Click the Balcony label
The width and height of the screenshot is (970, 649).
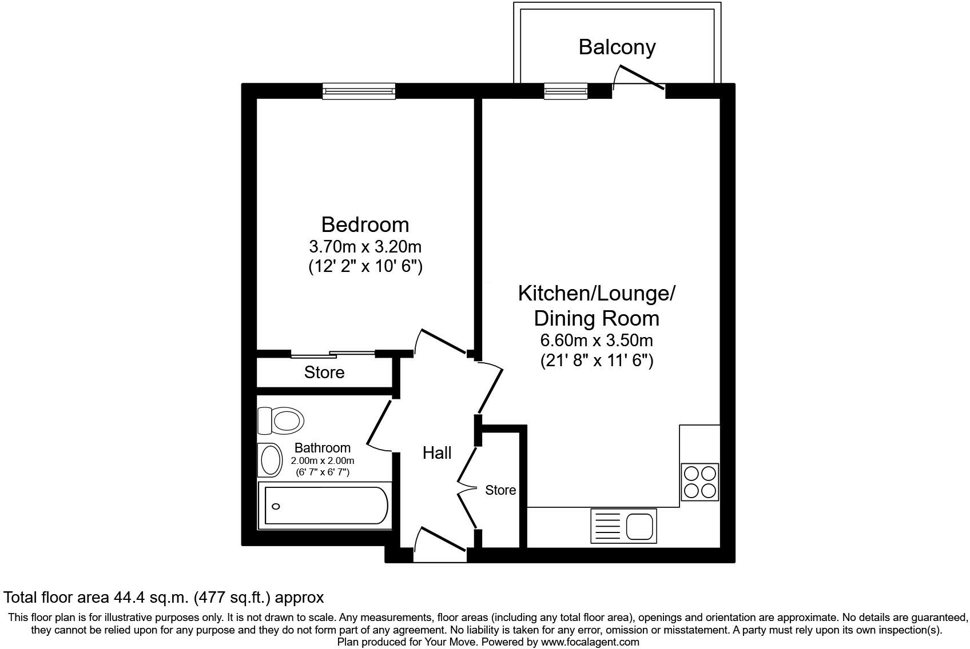click(x=617, y=47)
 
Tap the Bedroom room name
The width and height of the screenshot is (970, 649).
click(x=365, y=224)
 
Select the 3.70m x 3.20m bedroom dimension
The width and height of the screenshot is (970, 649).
click(x=365, y=247)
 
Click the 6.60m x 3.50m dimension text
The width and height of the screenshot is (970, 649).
click(x=597, y=340)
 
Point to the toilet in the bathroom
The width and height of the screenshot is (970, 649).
click(x=280, y=420)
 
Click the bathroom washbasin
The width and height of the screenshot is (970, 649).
click(x=270, y=459)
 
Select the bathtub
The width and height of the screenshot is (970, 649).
click(x=325, y=505)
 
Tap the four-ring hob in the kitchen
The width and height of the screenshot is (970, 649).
click(x=700, y=482)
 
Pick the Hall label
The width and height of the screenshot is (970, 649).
click(x=437, y=453)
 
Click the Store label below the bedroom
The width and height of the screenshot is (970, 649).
click(x=324, y=372)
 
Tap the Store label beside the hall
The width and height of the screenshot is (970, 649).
click(x=500, y=490)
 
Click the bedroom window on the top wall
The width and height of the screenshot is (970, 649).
click(x=359, y=91)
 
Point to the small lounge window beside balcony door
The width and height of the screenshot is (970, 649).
click(x=566, y=91)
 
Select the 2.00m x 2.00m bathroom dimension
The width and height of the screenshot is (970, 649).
click(x=323, y=460)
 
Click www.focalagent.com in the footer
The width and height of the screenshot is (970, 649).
click(x=590, y=642)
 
